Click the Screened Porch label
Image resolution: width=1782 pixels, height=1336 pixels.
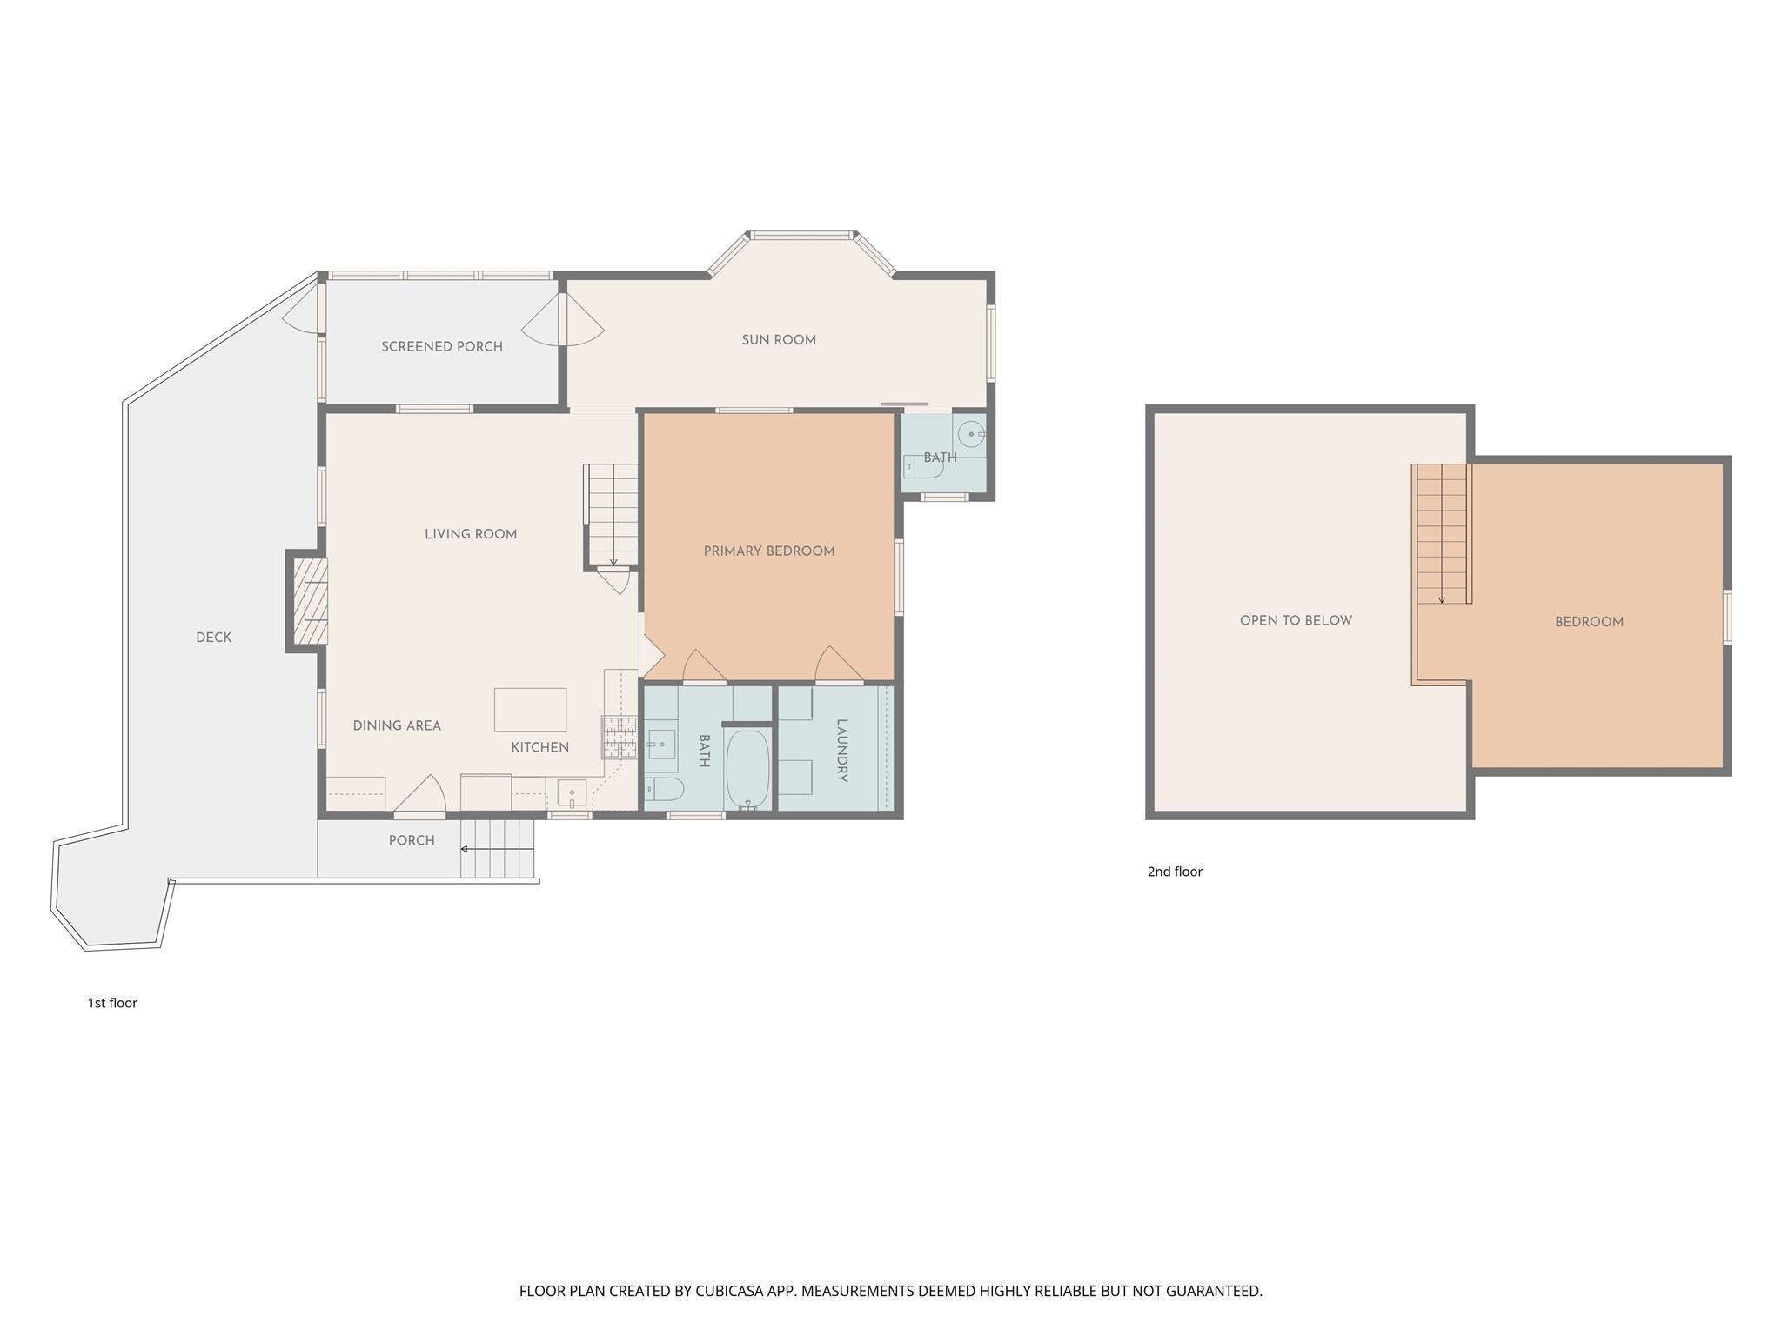coord(442,346)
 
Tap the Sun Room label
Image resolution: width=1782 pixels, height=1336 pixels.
coord(779,340)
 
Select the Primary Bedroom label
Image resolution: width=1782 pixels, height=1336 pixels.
coord(769,551)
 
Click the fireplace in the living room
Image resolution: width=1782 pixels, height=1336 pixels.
coord(309,601)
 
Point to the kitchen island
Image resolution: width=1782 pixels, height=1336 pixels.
coord(530,710)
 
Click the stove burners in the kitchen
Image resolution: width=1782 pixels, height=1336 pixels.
coord(619,738)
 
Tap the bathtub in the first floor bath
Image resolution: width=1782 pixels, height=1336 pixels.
coord(747,769)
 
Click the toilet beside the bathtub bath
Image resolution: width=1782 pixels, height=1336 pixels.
coord(664,789)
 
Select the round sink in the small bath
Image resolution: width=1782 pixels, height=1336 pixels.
coord(971,433)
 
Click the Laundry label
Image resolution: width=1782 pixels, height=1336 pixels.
coord(841,750)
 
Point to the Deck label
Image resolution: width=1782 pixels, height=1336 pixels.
coord(214,638)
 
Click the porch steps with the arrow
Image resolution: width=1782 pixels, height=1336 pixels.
coord(497,848)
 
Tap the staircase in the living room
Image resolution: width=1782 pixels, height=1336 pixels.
coord(613,515)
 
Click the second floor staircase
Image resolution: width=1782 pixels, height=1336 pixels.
coord(1442,534)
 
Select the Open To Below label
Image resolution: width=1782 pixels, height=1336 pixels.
coord(1296,620)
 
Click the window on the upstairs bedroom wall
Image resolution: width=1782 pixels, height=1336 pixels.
coord(1727,617)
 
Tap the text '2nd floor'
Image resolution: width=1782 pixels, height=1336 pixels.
coord(1175,872)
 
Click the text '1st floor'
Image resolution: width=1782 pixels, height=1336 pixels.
coord(112,1003)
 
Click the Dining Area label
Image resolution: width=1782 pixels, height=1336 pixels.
coord(397,725)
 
